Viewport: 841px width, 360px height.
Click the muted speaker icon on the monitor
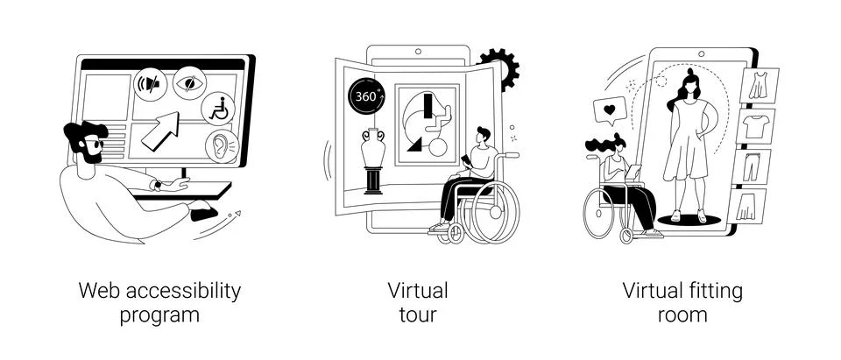pyautogui.click(x=150, y=84)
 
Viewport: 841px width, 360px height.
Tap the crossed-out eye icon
pyautogui.click(x=190, y=82)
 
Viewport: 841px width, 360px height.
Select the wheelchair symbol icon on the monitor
pyautogui.click(x=218, y=109)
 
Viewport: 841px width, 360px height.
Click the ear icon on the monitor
pyautogui.click(x=222, y=146)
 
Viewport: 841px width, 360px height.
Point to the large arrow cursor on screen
pyautogui.click(x=160, y=131)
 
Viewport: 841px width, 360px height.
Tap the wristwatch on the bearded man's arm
pyautogui.click(x=158, y=185)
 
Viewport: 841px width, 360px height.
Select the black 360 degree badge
pyautogui.click(x=366, y=97)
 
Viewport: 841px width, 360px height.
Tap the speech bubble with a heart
pyautogui.click(x=610, y=111)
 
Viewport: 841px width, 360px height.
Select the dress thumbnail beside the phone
pyautogui.click(x=759, y=86)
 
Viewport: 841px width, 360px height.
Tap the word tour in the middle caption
pyautogui.click(x=418, y=315)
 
